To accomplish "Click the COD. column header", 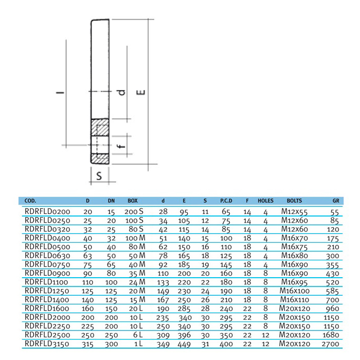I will click(30, 201).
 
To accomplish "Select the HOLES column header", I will click(265, 201).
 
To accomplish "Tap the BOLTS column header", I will click(294, 201).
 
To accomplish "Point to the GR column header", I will click(336, 201).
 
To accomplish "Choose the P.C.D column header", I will click(226, 201).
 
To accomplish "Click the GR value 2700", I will click(330, 344).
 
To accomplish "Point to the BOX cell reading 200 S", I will click(134, 211).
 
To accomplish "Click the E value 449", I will click(184, 344).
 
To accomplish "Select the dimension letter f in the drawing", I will click(120, 147).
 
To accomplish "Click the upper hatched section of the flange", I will click(100, 128).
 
